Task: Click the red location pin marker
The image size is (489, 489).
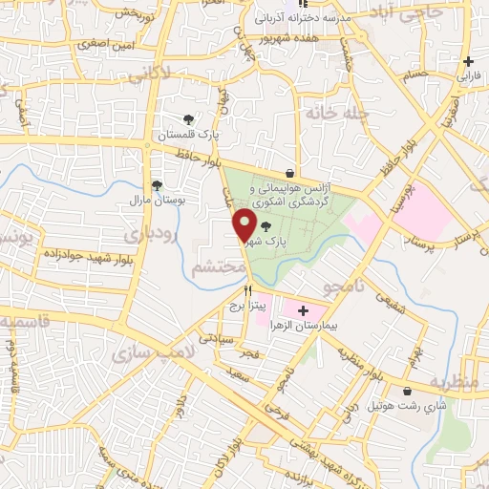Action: [244, 224]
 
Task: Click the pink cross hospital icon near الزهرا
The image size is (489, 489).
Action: [304, 309]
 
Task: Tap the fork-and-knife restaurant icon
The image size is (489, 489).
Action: [248, 289]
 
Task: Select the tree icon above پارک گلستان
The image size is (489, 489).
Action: [188, 119]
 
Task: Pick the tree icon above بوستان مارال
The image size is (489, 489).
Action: [157, 185]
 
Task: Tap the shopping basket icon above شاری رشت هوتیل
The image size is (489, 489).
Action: [410, 392]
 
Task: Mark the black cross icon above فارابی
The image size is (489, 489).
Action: [468, 61]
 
